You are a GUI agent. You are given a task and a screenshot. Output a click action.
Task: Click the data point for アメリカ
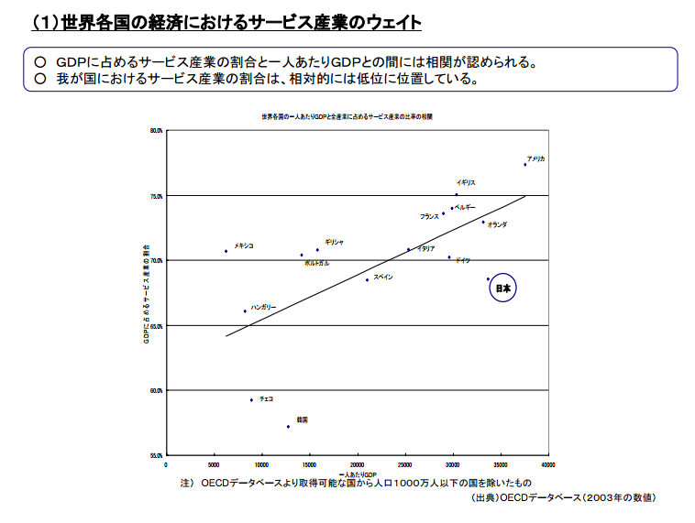tap(525, 164)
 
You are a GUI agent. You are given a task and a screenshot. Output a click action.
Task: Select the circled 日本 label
tap(502, 289)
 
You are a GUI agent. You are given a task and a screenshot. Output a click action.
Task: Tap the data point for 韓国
tap(288, 427)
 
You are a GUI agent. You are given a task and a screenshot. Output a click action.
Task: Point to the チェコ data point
tap(251, 399)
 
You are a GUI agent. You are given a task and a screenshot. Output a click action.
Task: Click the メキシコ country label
tap(244, 245)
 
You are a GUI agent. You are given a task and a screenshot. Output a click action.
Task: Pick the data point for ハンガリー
tap(245, 311)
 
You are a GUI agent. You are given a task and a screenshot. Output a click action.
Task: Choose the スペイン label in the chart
tap(383, 276)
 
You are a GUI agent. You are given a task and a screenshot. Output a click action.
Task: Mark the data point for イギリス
tap(457, 194)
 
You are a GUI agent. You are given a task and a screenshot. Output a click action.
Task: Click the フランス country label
tap(429, 217)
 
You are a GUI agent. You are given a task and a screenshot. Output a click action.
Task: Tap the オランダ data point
tap(483, 222)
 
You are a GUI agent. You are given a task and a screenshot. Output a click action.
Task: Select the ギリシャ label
tap(334, 242)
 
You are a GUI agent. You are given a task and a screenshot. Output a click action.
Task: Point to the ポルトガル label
tap(316, 264)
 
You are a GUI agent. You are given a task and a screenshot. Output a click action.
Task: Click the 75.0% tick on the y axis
tap(156, 196)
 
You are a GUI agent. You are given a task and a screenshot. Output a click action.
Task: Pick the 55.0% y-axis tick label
tap(156, 455)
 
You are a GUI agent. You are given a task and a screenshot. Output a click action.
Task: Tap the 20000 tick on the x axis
tap(358, 464)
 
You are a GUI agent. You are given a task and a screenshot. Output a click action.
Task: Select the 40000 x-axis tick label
tap(549, 464)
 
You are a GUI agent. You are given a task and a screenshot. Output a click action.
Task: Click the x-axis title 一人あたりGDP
tap(359, 474)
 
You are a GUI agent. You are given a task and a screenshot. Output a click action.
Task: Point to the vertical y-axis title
tap(145, 293)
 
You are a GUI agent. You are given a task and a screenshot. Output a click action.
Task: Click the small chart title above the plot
tap(347, 117)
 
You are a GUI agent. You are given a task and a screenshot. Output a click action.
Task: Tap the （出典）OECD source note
tap(563, 497)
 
